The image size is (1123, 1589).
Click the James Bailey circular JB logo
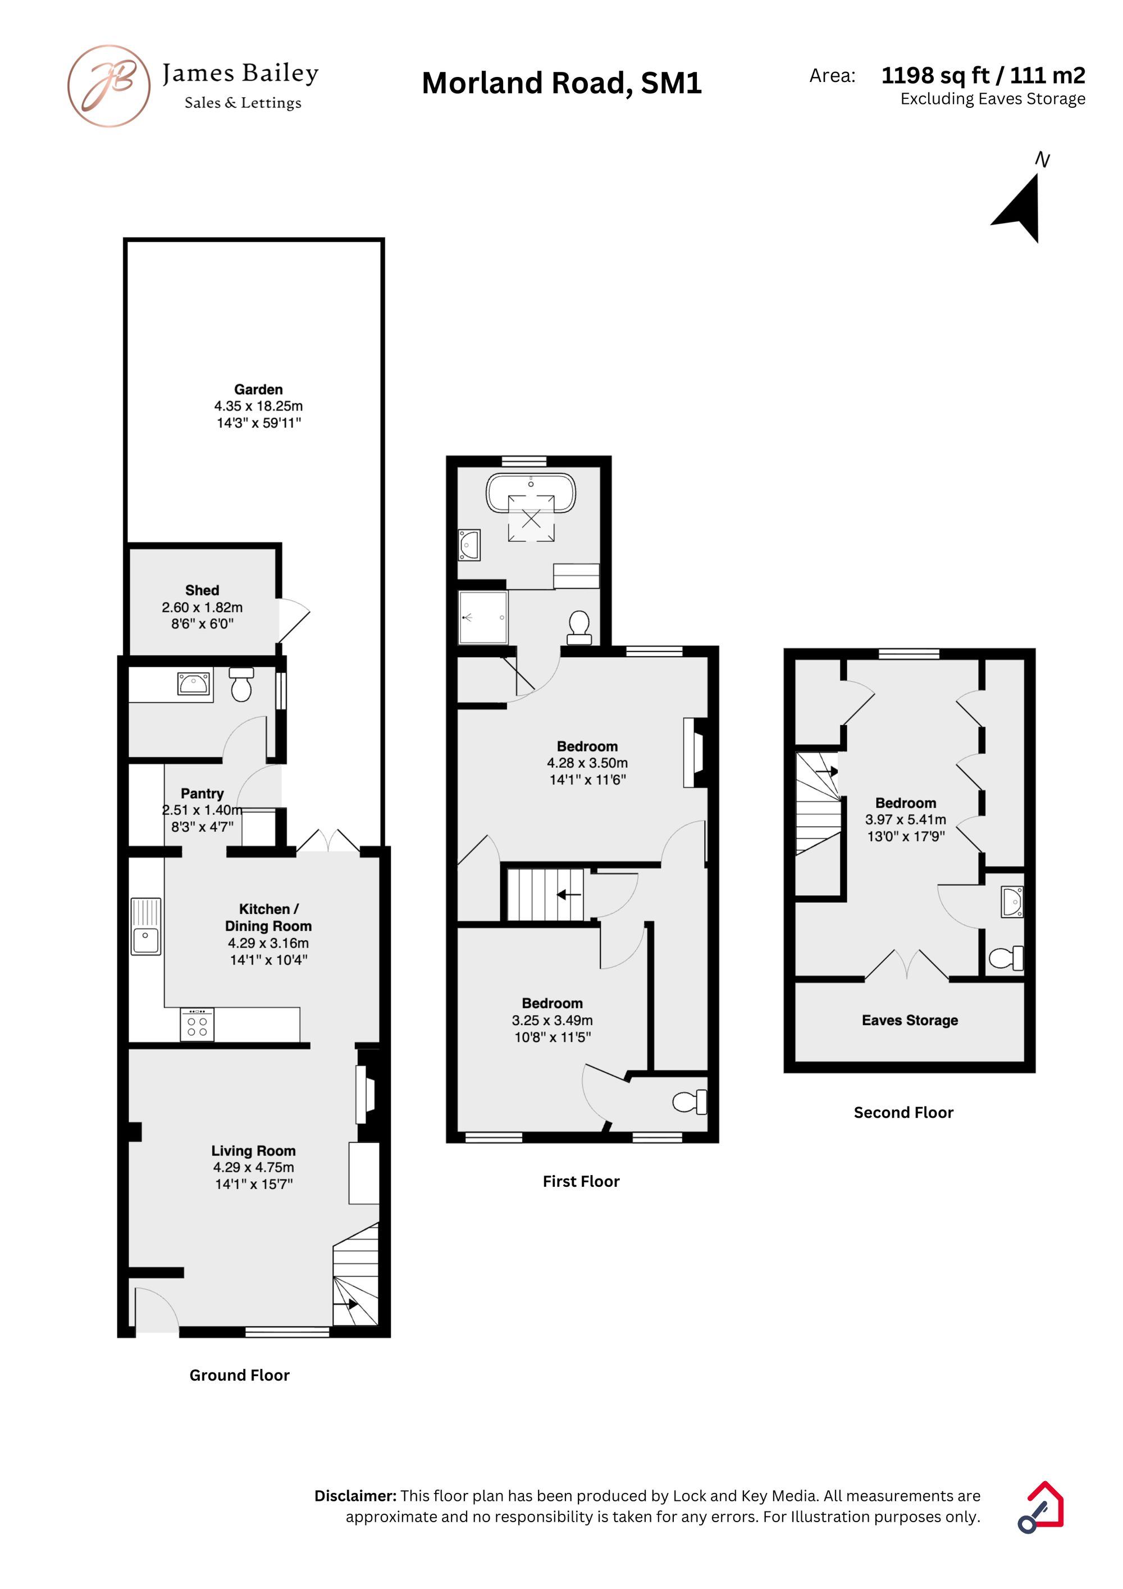point(108,86)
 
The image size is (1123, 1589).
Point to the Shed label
point(202,590)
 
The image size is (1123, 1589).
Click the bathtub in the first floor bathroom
point(531,493)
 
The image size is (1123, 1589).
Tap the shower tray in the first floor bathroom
point(483,617)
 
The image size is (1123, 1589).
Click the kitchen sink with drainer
point(146,927)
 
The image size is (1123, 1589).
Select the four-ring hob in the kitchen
point(197,1025)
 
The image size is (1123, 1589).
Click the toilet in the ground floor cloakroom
point(241,685)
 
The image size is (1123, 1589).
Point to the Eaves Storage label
point(910,1020)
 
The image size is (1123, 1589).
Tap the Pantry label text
point(202,793)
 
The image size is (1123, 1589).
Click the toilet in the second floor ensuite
point(1006,959)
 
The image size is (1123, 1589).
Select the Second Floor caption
point(903,1112)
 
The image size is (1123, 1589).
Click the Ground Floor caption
point(239,1375)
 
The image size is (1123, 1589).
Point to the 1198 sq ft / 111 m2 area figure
point(983,75)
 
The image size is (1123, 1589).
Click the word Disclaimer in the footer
point(355,1496)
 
